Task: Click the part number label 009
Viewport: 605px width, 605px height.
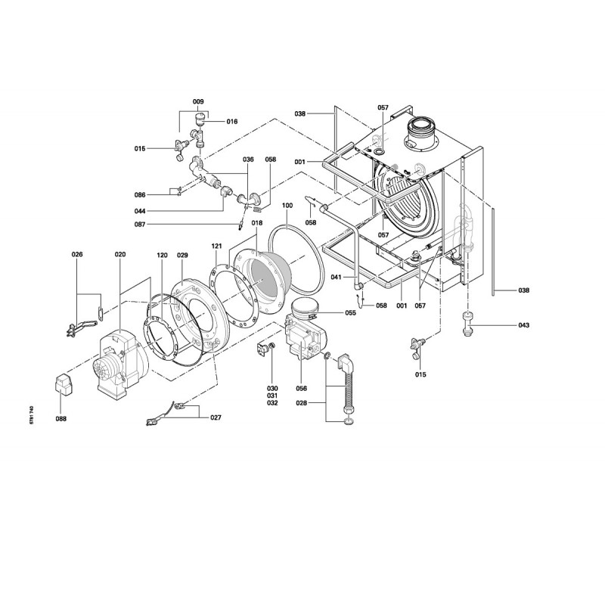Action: click(x=198, y=102)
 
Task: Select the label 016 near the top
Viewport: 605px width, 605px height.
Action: click(x=232, y=122)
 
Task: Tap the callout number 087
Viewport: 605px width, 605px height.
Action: click(x=140, y=225)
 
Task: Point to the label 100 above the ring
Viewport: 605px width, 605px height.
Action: click(x=287, y=206)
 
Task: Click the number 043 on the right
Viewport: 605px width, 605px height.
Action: click(x=523, y=325)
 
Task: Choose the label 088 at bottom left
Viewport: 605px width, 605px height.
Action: click(x=61, y=419)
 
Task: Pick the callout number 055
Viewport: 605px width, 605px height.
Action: click(x=350, y=313)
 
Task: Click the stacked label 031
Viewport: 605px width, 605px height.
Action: click(x=272, y=396)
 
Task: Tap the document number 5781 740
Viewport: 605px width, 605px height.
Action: click(x=32, y=415)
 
